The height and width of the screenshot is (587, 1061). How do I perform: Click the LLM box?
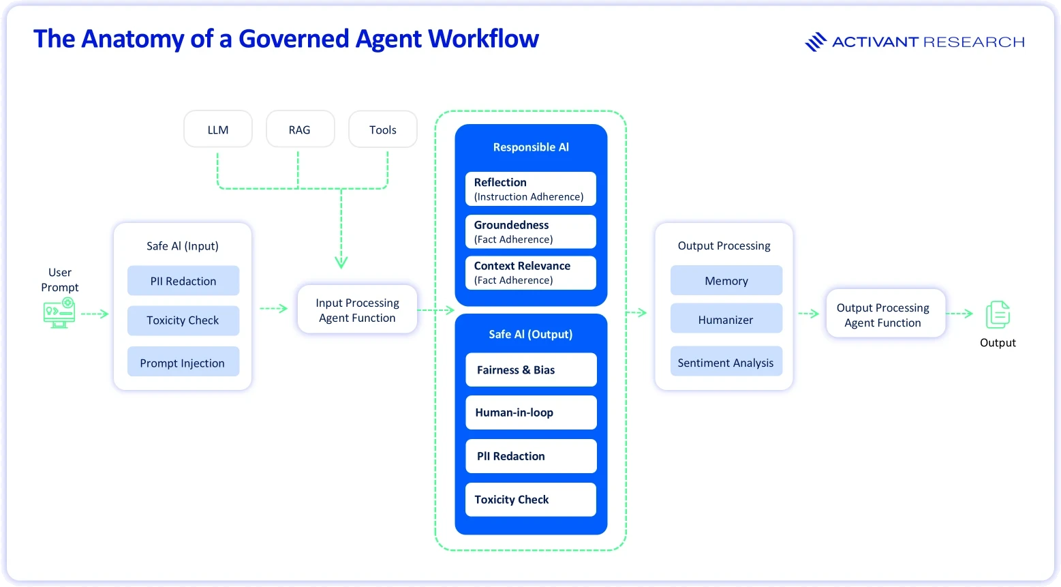(x=218, y=130)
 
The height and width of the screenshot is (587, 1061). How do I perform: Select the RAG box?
(x=301, y=130)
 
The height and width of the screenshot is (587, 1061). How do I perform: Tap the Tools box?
(x=383, y=130)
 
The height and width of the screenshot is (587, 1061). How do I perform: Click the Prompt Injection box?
(x=183, y=362)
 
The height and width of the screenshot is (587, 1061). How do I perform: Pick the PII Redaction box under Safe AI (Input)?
(x=183, y=280)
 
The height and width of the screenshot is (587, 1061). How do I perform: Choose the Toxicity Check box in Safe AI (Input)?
(x=183, y=320)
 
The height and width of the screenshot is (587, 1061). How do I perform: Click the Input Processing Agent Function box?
(x=357, y=310)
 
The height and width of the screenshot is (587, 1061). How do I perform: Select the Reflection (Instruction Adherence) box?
(x=530, y=189)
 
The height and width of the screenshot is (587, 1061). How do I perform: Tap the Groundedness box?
(x=530, y=232)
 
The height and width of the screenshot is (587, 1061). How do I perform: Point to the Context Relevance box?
(x=530, y=273)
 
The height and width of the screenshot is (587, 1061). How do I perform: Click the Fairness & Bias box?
(x=531, y=370)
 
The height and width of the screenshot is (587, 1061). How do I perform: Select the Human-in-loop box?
(x=531, y=412)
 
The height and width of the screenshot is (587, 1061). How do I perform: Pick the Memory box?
(x=726, y=280)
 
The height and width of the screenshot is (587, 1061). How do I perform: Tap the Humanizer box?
(x=726, y=319)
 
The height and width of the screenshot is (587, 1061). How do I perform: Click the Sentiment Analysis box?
(x=726, y=362)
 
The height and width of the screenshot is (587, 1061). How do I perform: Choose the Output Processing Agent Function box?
(x=886, y=314)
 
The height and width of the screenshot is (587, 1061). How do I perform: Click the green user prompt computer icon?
(x=59, y=313)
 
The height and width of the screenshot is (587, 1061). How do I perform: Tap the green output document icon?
(x=998, y=314)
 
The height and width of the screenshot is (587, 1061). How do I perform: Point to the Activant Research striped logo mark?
(x=816, y=42)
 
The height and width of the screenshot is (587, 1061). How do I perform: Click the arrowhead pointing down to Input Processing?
(x=341, y=262)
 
